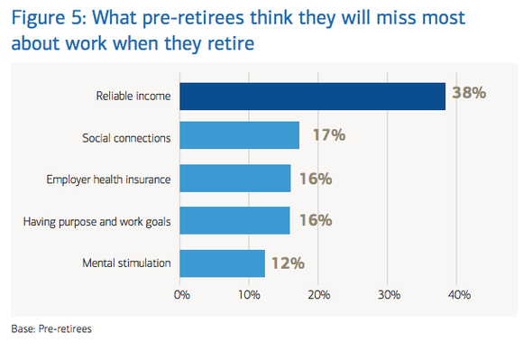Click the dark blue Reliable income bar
point(312,96)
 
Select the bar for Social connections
point(239,136)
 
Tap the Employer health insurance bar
point(234,178)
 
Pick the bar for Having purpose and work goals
point(234,220)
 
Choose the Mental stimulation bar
point(222,263)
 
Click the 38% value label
point(469,94)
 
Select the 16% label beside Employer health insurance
point(315,179)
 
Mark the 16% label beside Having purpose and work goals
point(315,220)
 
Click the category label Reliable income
point(133,96)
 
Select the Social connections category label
point(126,137)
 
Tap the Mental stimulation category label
point(126,263)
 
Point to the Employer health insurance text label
point(108,179)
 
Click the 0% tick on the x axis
point(181,294)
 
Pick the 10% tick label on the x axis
point(250,294)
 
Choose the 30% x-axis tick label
point(388,294)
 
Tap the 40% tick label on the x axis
point(457,294)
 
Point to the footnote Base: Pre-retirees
point(51,328)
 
